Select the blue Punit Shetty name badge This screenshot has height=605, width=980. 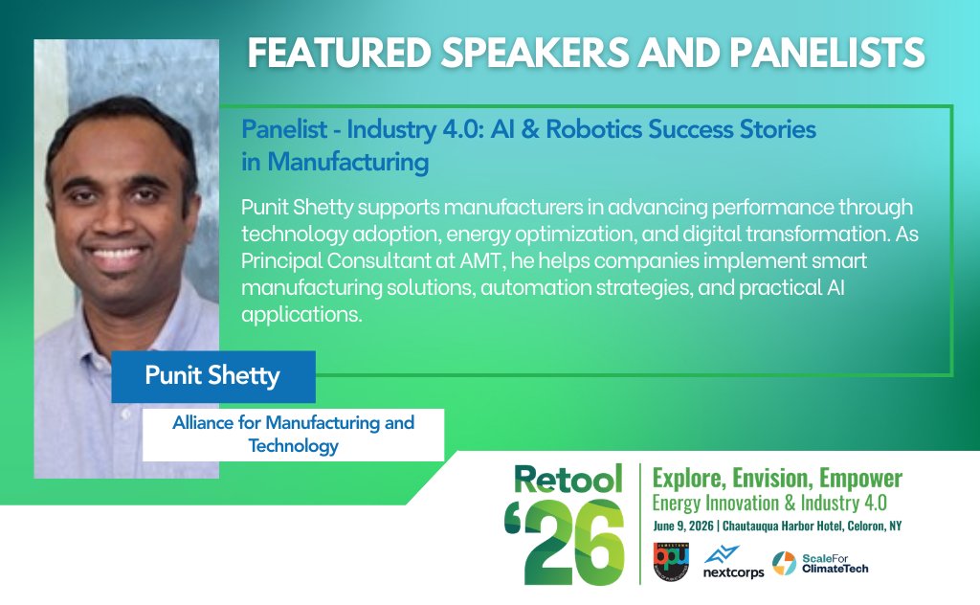(212, 375)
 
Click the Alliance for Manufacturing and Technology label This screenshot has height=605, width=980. (293, 434)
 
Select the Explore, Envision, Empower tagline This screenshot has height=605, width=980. (776, 479)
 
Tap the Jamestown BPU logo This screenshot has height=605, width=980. (672, 561)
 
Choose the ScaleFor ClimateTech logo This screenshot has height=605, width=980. (820, 563)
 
